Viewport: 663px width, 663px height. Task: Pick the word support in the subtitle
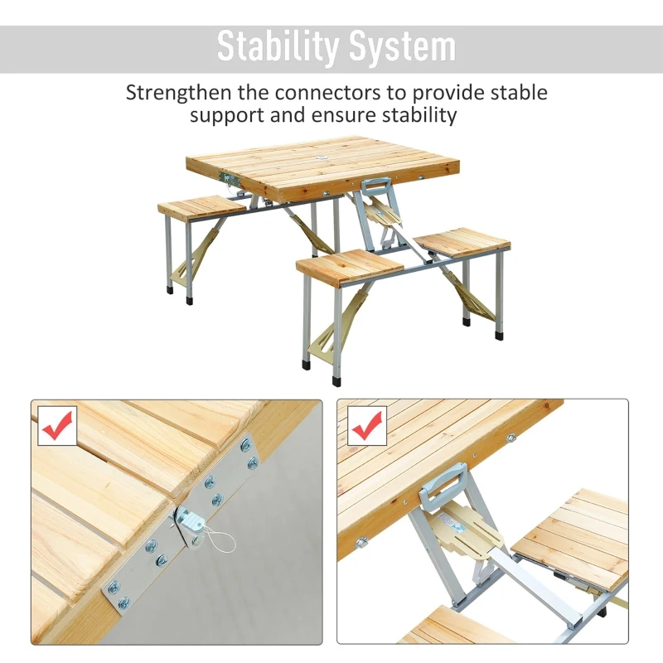pos(227,115)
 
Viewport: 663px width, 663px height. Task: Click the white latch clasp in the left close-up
pos(191,521)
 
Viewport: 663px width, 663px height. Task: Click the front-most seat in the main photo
pos(349,266)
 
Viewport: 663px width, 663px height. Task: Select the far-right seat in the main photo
pos(462,241)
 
